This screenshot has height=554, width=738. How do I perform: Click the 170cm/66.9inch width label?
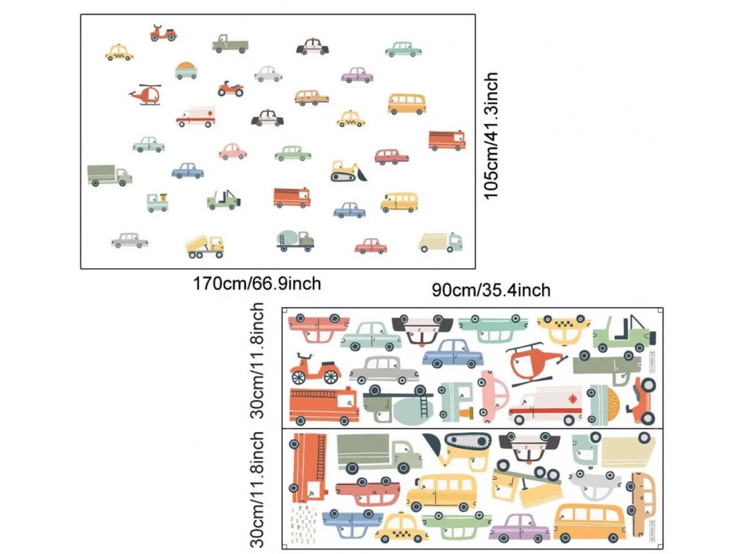257,283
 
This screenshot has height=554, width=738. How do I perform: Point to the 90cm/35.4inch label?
491,290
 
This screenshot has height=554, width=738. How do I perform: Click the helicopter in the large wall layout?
146,95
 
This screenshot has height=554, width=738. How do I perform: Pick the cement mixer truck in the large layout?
295,240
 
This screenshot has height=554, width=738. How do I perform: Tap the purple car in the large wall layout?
357,74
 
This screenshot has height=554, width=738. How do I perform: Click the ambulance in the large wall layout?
195,117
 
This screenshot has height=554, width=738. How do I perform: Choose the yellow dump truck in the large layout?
205,245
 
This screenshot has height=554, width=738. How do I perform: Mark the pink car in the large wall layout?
233,151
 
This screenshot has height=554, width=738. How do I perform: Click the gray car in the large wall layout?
130,240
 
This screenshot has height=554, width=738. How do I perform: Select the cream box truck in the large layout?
440,242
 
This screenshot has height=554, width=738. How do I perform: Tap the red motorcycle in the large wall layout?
231,89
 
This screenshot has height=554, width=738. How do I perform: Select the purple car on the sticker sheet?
520,527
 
